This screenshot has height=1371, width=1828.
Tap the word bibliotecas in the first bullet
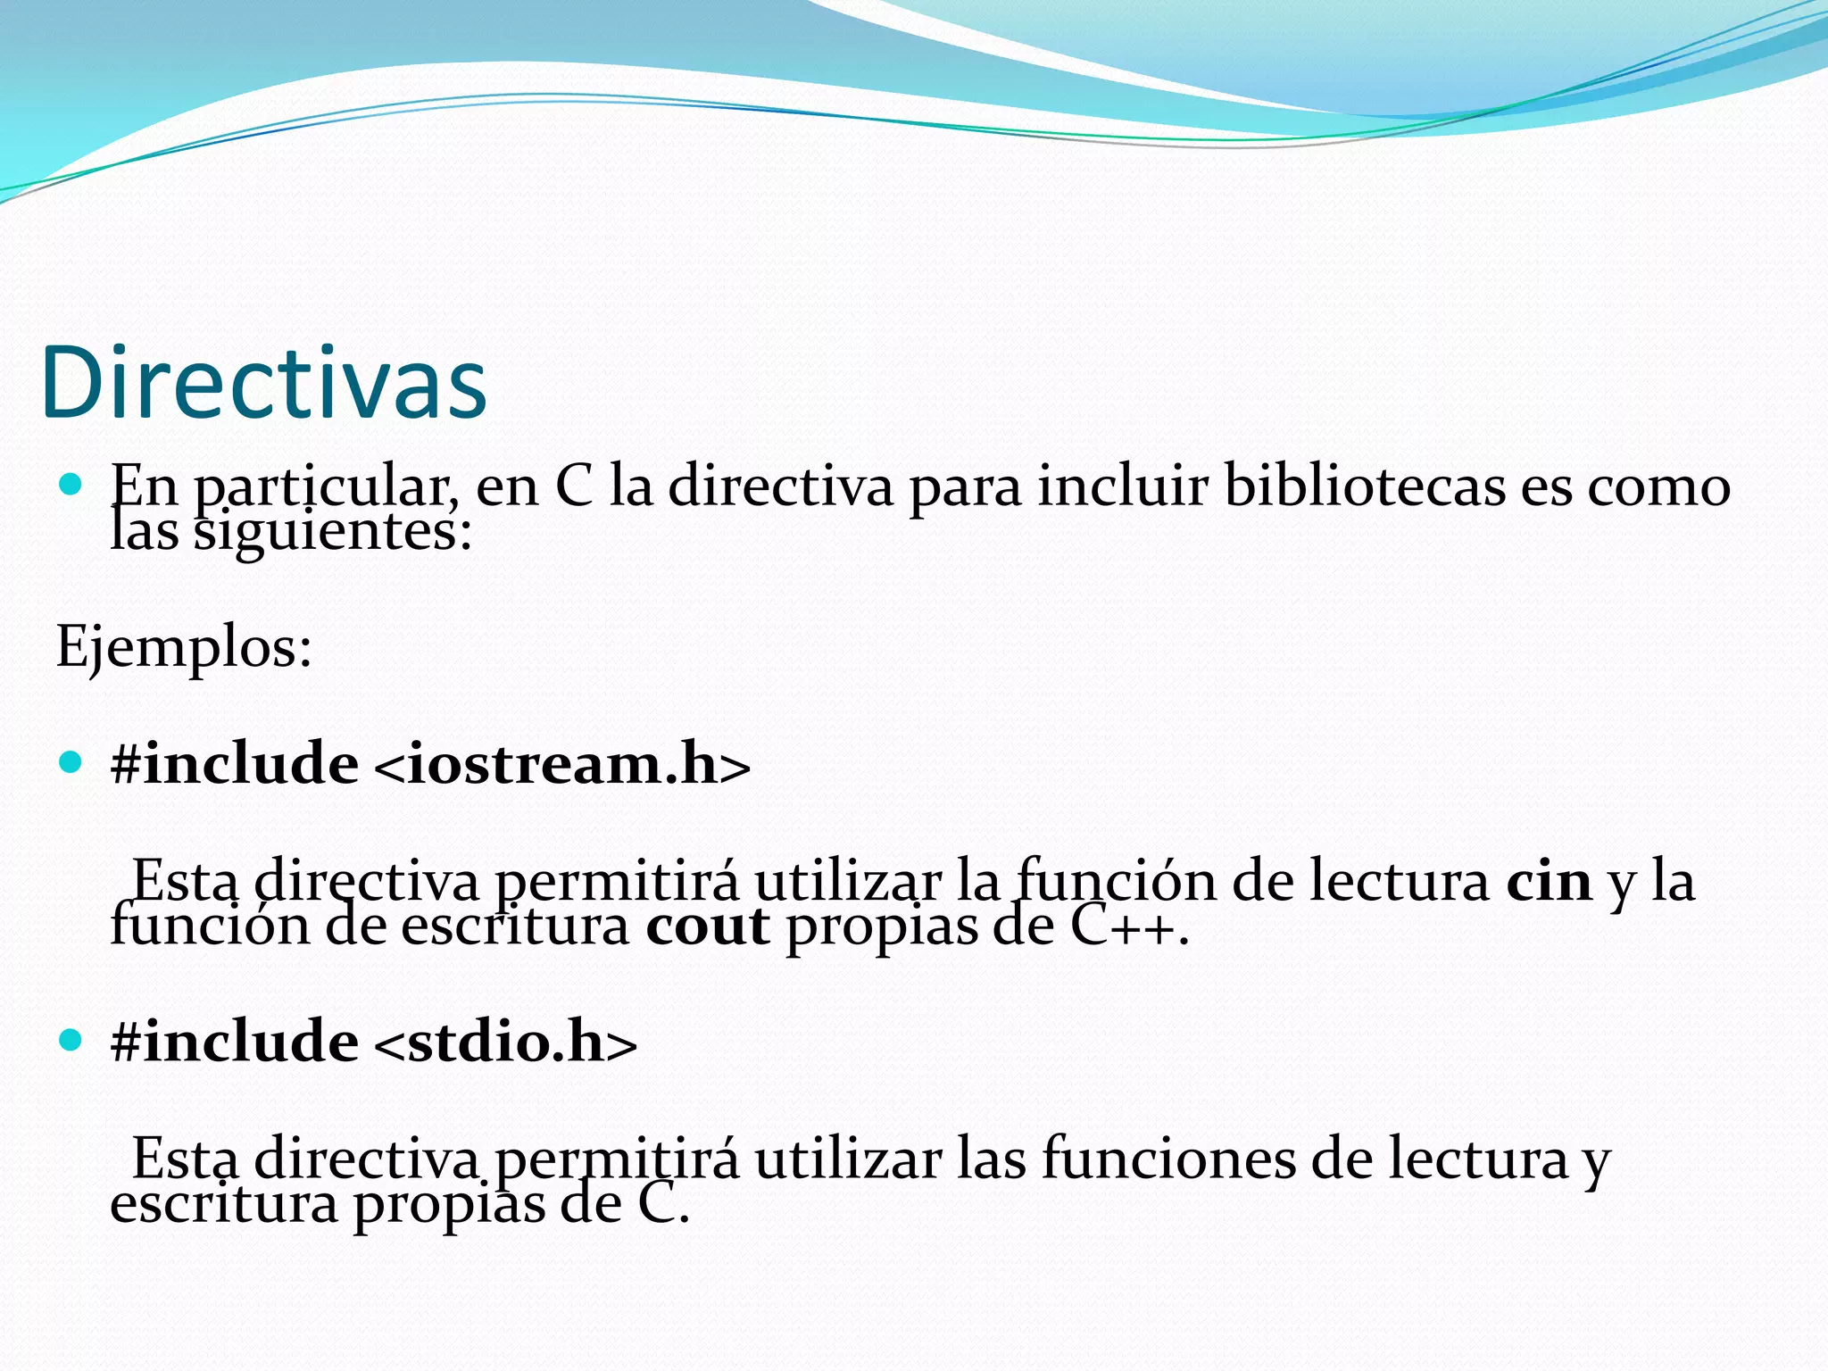point(1365,487)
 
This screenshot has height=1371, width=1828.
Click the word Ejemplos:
point(184,646)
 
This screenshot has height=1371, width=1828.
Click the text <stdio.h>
point(505,1042)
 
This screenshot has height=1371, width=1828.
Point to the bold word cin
point(1549,882)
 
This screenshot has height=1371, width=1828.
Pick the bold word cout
point(707,926)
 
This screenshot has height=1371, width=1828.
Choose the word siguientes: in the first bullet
point(332,533)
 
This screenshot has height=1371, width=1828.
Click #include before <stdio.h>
point(234,1042)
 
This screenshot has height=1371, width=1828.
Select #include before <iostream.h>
point(234,765)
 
